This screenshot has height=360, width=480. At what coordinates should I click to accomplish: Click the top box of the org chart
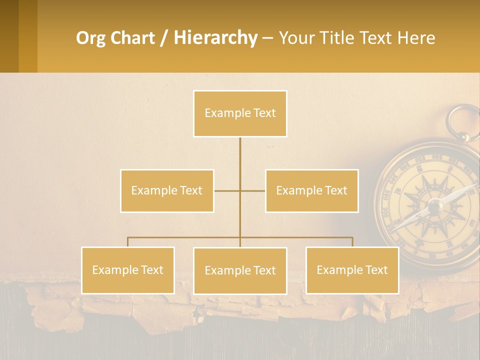(240, 113)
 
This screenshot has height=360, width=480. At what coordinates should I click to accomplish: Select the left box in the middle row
(167, 190)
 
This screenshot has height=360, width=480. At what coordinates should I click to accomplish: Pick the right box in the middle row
(311, 190)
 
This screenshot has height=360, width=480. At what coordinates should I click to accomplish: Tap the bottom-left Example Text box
(128, 270)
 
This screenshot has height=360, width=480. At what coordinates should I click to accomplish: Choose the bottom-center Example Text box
(240, 270)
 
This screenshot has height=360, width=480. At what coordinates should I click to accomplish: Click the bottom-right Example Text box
(352, 270)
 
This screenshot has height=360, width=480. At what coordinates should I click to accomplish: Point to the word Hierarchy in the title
(215, 38)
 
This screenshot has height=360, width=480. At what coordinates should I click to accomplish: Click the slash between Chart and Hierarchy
(164, 38)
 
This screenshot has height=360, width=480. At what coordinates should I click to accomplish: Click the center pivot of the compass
(434, 205)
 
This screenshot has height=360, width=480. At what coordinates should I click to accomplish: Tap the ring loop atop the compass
(463, 120)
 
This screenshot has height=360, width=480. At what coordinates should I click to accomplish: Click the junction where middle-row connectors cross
(240, 190)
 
